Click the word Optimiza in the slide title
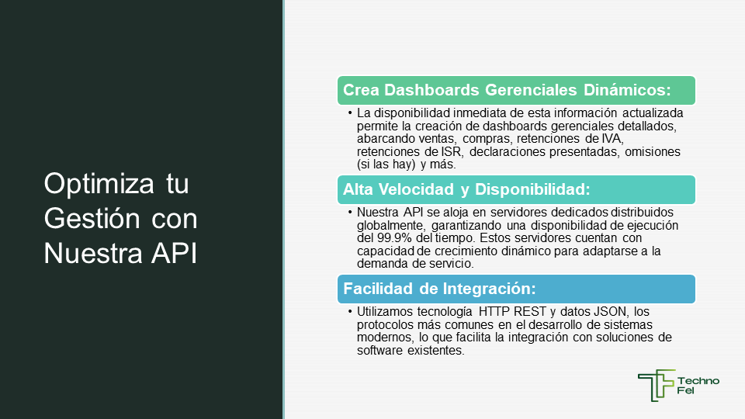click(99, 184)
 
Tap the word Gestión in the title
click(92, 218)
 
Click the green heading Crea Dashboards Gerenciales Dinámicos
click(507, 90)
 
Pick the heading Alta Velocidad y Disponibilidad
click(466, 189)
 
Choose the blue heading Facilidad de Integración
click(439, 289)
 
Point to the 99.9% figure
click(394, 237)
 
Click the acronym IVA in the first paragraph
click(612, 139)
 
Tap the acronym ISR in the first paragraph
click(451, 151)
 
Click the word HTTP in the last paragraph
click(494, 312)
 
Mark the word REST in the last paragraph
click(530, 312)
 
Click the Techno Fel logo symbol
click(657, 386)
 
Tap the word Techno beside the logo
click(698, 380)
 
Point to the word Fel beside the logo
click(685, 390)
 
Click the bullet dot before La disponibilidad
click(350, 113)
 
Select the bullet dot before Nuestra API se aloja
click(350, 213)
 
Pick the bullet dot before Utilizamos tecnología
click(350, 312)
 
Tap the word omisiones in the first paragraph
click(653, 151)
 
